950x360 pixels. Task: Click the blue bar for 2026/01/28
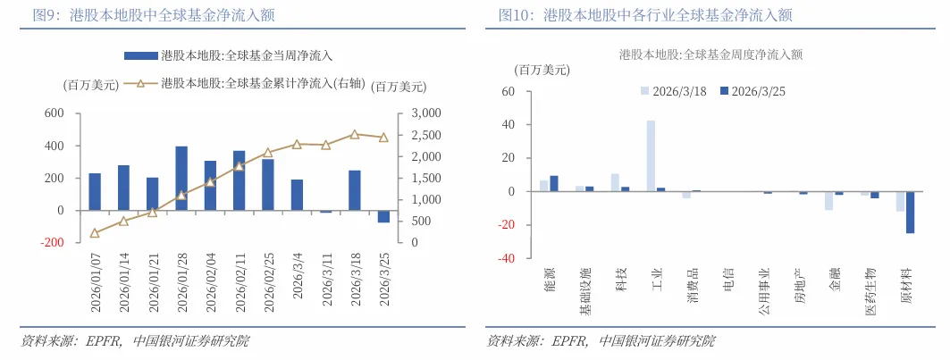pos(181,179)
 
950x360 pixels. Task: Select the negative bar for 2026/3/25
pos(383,216)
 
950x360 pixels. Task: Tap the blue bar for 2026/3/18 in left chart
pos(355,190)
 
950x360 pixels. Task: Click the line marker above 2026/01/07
pos(95,233)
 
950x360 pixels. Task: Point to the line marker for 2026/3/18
pos(355,135)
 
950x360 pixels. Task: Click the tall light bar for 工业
pos(651,156)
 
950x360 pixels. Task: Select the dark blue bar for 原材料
pos(910,213)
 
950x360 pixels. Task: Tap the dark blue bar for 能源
pos(554,184)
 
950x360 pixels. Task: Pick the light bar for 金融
pos(829,201)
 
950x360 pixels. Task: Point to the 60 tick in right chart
pos(509,91)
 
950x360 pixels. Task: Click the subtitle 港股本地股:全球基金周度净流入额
pos(710,54)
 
